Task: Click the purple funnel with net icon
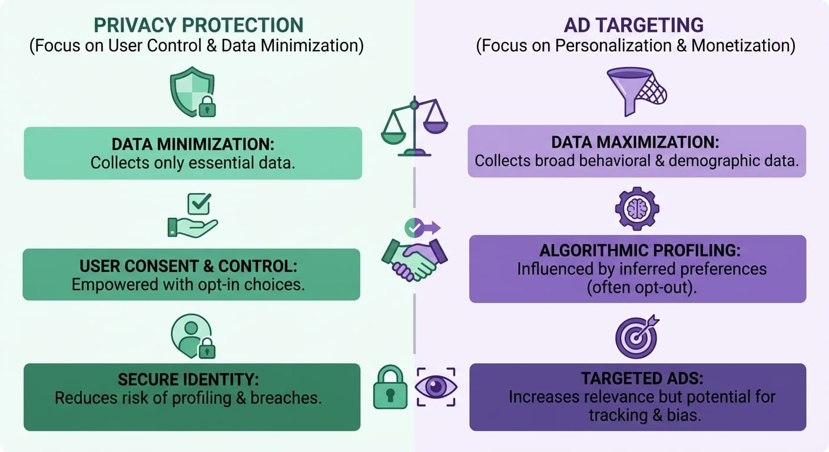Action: pos(636,92)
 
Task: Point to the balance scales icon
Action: pos(414,127)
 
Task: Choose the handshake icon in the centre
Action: pos(414,258)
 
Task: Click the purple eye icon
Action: pos(436,387)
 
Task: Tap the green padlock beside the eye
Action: pos(390,387)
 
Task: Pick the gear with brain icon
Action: pos(637,208)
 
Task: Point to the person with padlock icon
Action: pos(193,337)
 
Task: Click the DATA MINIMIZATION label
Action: pos(193,144)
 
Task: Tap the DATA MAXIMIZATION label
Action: pos(636,142)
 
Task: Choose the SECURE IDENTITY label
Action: pos(188,379)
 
